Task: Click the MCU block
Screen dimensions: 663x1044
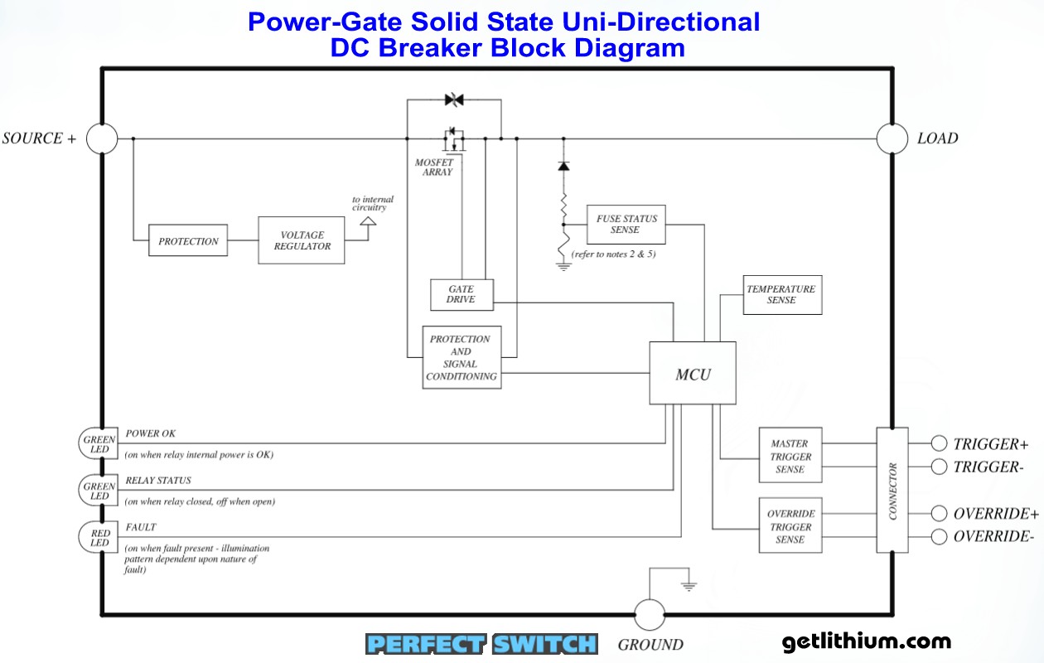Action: (693, 373)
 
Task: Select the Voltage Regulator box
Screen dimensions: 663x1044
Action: (302, 240)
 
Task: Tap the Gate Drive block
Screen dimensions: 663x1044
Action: (462, 294)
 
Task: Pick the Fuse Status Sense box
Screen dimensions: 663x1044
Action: (626, 224)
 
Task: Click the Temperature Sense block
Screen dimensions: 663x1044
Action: (781, 294)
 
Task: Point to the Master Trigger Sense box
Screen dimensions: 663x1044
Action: (790, 456)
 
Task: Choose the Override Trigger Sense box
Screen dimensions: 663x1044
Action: (790, 526)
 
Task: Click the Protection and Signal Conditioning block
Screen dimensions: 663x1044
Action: (462, 357)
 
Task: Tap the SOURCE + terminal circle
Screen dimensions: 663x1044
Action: (103, 138)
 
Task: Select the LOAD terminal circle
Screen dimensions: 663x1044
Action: (892, 138)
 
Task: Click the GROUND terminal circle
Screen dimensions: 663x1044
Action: (650, 615)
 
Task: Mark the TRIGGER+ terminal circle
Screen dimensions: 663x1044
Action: (939, 443)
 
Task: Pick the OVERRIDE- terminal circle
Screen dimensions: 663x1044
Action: (939, 536)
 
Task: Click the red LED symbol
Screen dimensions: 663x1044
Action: (99, 537)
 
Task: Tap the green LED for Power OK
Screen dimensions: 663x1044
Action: (99, 443)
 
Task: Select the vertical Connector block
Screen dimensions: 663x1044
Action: (892, 490)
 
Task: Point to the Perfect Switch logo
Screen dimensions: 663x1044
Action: (481, 644)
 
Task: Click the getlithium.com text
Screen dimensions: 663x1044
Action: (866, 641)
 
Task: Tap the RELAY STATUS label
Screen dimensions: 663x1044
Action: (158, 480)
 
